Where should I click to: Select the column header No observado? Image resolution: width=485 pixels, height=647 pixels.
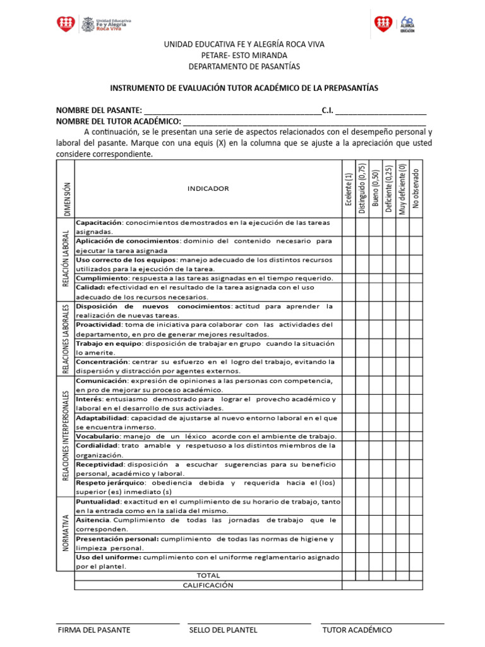point(416,188)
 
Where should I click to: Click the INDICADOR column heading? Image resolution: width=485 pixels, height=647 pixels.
point(208,188)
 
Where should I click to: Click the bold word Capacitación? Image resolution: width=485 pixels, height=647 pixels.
point(99,222)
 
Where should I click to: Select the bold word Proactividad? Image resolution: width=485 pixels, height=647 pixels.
point(99,325)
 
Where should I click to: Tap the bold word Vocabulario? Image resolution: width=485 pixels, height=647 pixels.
point(98,437)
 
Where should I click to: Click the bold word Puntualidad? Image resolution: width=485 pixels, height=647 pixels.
point(98,502)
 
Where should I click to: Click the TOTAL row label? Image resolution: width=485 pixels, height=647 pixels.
point(208,576)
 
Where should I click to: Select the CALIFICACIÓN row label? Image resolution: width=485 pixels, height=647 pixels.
point(208,585)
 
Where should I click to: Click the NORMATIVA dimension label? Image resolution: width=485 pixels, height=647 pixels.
point(66,534)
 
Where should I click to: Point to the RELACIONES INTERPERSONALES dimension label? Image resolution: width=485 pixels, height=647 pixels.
point(66,435)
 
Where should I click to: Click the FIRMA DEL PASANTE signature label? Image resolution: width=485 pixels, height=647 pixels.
point(94,630)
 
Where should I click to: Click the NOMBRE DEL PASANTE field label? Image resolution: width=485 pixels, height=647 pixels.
point(99,111)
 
